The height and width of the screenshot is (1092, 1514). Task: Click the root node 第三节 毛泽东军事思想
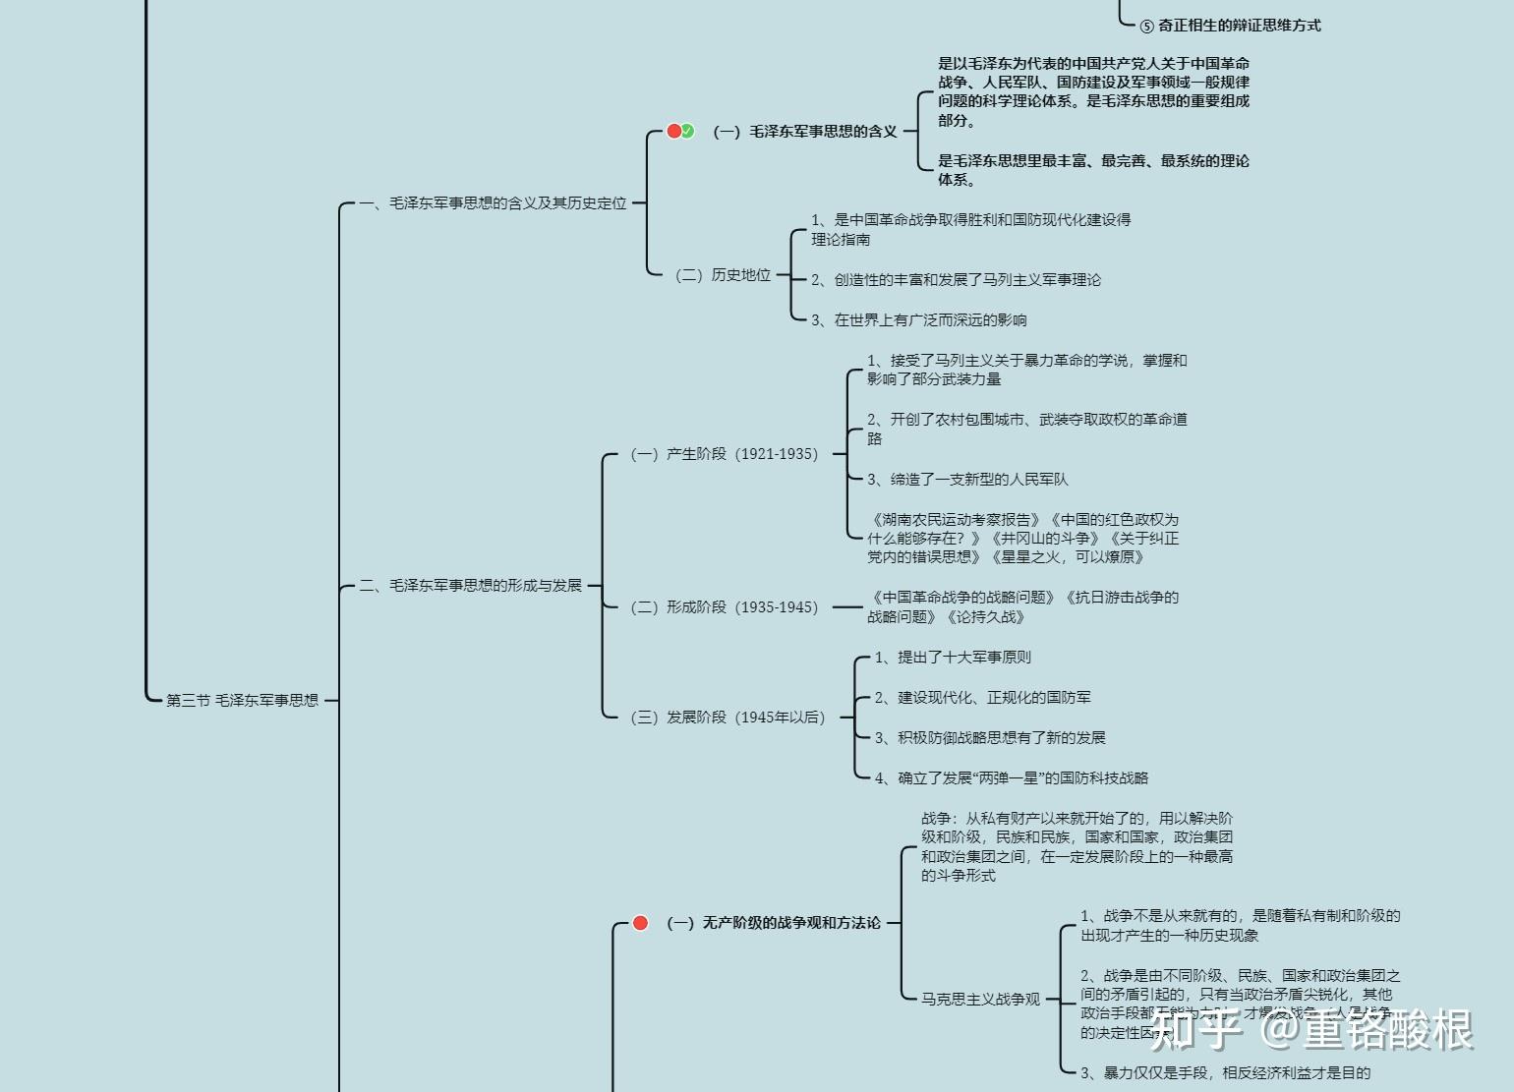click(x=242, y=701)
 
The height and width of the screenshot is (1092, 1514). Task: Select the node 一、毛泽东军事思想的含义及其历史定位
click(x=493, y=203)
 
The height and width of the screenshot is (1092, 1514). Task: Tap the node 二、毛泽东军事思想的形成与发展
click(x=470, y=586)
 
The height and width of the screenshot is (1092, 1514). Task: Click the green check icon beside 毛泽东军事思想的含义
click(x=688, y=131)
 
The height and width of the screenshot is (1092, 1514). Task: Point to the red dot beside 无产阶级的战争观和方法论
click(x=640, y=923)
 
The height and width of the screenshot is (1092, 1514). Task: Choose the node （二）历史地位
click(x=723, y=275)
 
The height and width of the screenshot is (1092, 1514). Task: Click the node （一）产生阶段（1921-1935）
click(x=725, y=454)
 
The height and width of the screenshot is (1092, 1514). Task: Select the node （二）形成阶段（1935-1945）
click(x=725, y=607)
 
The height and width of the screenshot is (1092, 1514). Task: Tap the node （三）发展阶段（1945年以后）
click(x=728, y=718)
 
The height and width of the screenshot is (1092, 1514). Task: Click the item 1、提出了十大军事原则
click(x=953, y=658)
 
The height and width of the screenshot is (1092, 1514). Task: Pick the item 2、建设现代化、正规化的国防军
click(x=982, y=698)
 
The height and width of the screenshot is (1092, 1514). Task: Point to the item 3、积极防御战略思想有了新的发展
click(x=990, y=738)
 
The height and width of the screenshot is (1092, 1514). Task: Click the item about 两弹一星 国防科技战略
click(x=1012, y=778)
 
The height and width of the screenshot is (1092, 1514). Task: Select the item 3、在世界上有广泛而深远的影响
click(x=919, y=320)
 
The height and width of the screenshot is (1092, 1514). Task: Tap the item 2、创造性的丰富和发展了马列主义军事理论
click(x=956, y=280)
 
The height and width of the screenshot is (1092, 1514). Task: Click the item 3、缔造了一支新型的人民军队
click(x=967, y=480)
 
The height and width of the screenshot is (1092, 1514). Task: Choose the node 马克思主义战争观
click(x=980, y=1000)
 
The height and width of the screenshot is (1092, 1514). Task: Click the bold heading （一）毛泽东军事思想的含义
click(x=805, y=132)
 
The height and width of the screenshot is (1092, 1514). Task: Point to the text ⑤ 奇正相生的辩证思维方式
click(x=1231, y=26)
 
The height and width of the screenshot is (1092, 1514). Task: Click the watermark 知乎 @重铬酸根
click(x=1311, y=1029)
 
